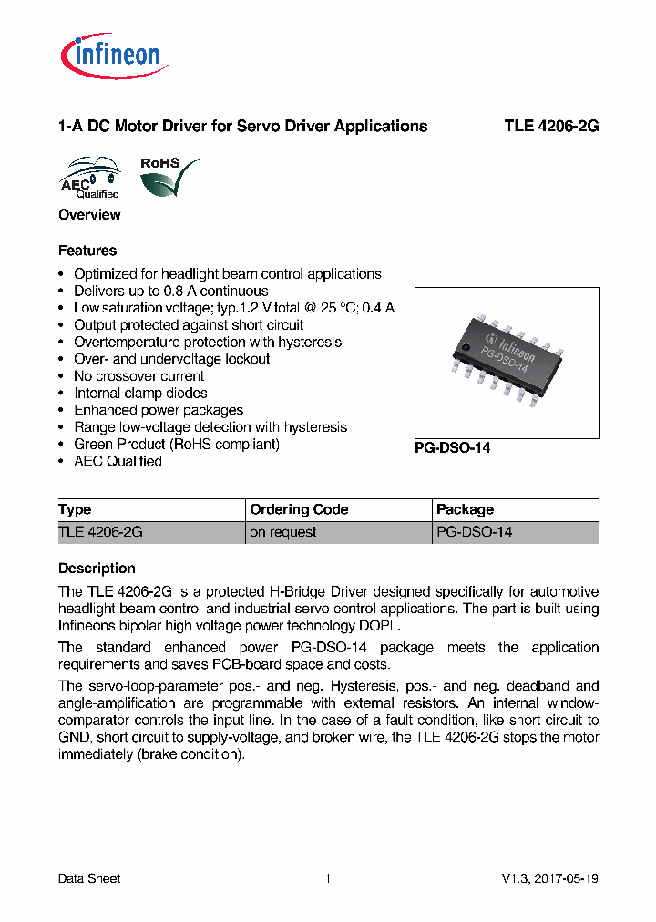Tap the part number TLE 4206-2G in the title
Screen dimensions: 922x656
551,127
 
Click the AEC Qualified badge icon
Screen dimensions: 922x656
90,178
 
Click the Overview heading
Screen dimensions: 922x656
89,215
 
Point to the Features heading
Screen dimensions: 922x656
87,251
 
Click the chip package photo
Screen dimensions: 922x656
507,362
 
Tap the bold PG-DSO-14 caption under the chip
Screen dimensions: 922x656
453,448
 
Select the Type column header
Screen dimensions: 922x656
75,510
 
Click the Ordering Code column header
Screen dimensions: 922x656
299,510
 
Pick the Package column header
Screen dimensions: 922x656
465,510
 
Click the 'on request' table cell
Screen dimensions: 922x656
282,532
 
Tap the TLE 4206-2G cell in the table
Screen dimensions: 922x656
100,532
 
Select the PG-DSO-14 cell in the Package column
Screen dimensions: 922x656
474,532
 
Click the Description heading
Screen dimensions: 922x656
97,569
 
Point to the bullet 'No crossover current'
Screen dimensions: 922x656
138,376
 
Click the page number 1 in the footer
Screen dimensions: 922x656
327,879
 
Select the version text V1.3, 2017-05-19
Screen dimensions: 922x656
549,879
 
